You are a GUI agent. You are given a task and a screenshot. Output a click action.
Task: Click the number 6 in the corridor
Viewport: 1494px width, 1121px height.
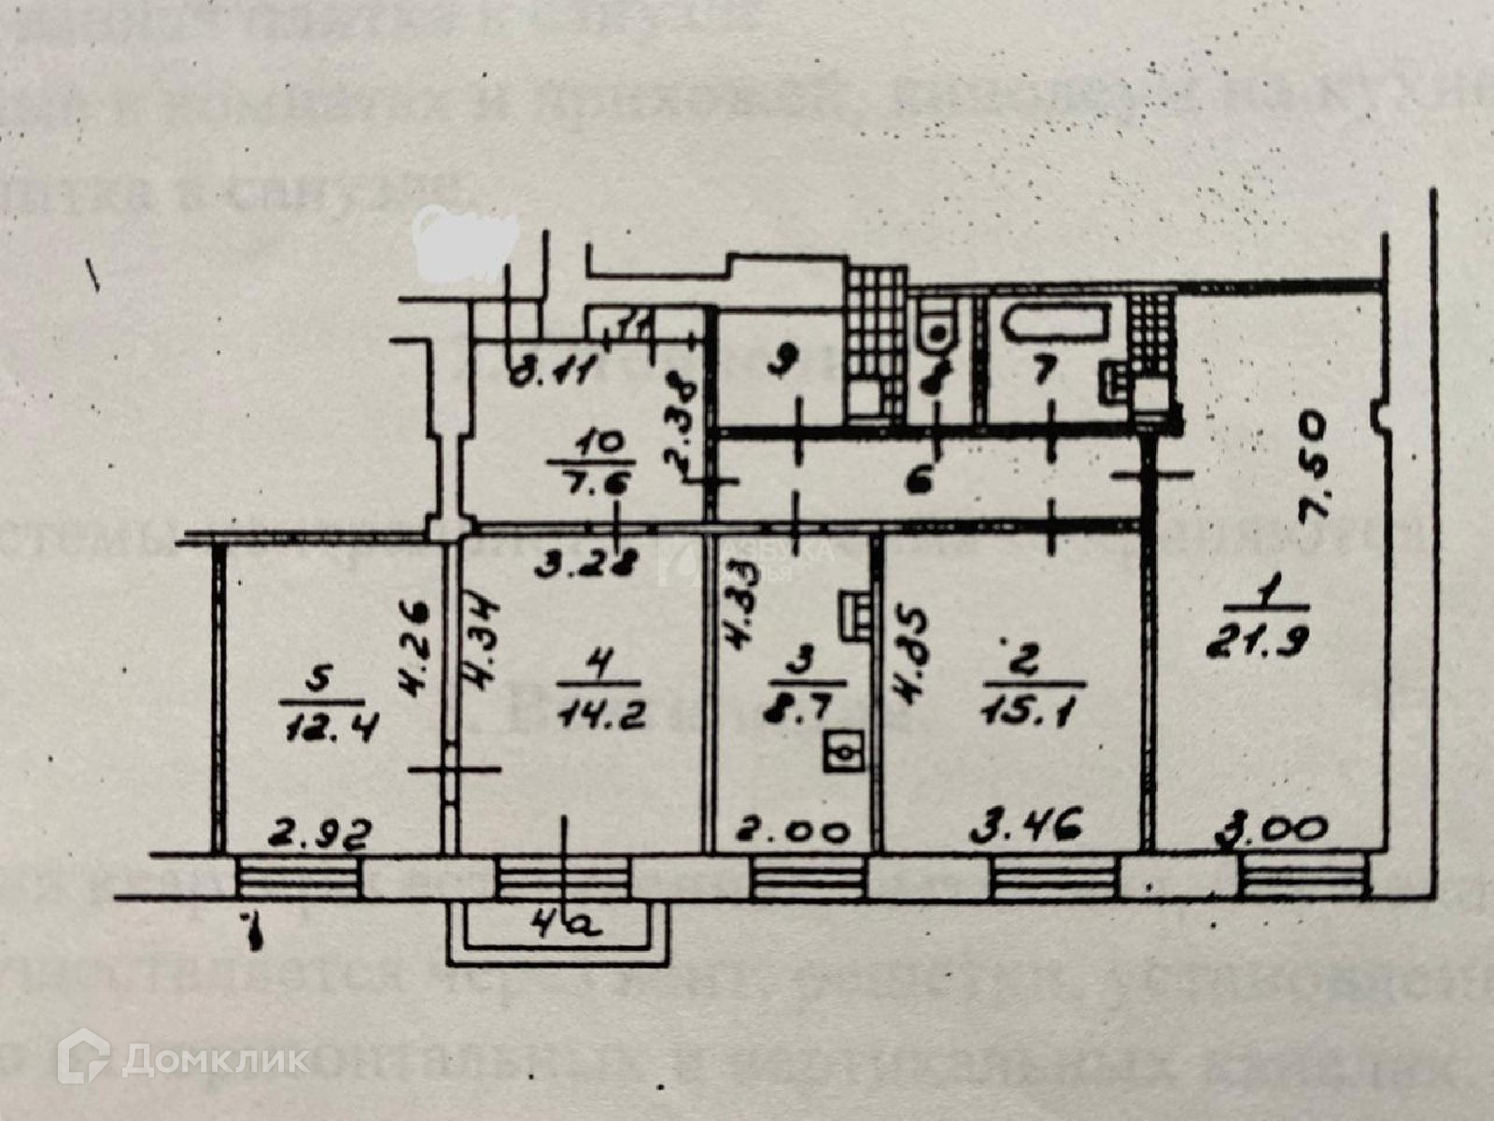tap(922, 482)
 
